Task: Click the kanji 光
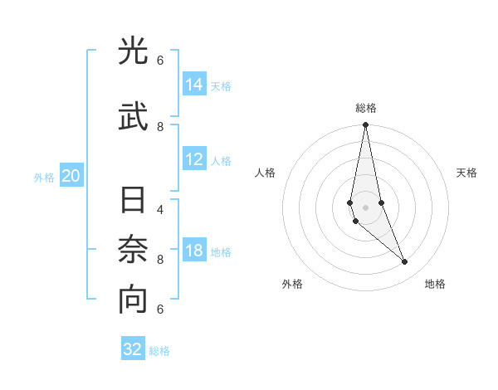click(x=133, y=51)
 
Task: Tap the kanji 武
click(x=133, y=116)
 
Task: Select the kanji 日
click(x=133, y=202)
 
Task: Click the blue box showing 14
click(x=194, y=85)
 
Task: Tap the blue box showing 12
click(x=194, y=160)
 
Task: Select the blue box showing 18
click(x=194, y=251)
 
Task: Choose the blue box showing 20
click(x=71, y=176)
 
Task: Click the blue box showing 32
click(x=133, y=349)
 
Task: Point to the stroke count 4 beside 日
click(x=160, y=209)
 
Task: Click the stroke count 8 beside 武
click(x=160, y=126)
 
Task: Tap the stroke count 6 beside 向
click(x=160, y=309)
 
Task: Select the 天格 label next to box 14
click(x=221, y=85)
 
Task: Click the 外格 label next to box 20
click(x=43, y=177)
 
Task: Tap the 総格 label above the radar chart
click(x=365, y=107)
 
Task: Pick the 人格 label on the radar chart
click(x=265, y=173)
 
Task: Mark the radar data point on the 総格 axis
click(x=365, y=125)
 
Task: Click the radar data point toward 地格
click(x=405, y=262)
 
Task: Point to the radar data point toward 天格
click(x=381, y=202)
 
